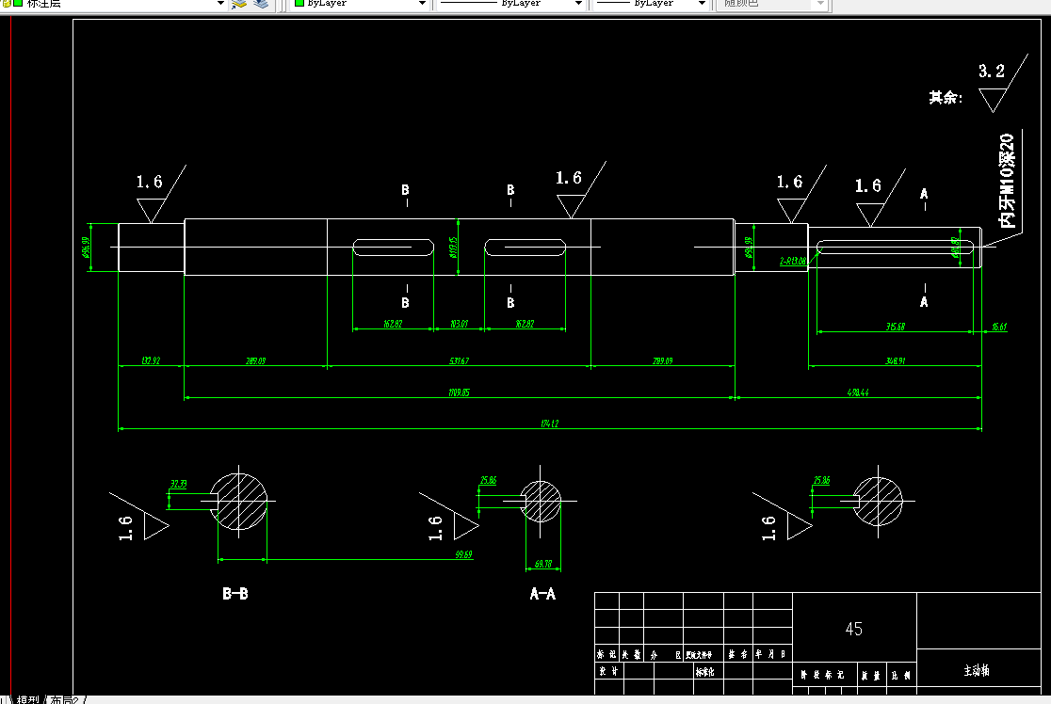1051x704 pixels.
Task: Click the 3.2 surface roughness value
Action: point(992,71)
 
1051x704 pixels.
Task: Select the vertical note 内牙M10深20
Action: point(1007,181)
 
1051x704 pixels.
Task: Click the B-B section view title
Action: point(234,594)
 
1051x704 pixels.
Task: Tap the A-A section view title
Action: point(542,594)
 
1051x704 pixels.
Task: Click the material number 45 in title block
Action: point(854,629)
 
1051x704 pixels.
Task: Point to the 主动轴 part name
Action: point(976,671)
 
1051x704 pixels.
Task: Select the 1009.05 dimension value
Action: point(459,392)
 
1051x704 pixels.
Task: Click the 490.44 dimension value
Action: point(857,392)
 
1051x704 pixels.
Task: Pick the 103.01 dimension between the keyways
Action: point(459,324)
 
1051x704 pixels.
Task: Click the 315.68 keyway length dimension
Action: point(895,327)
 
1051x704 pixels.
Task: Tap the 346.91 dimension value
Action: point(895,360)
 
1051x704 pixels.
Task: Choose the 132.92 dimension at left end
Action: point(150,360)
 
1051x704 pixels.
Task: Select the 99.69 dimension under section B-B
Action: point(463,554)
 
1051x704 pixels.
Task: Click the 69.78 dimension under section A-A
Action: point(543,563)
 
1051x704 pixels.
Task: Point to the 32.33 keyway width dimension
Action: point(177,484)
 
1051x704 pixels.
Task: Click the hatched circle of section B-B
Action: point(242,500)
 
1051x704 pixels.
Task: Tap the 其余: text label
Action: point(946,97)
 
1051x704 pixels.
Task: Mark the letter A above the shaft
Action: point(924,194)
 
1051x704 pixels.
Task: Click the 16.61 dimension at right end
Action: point(999,327)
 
